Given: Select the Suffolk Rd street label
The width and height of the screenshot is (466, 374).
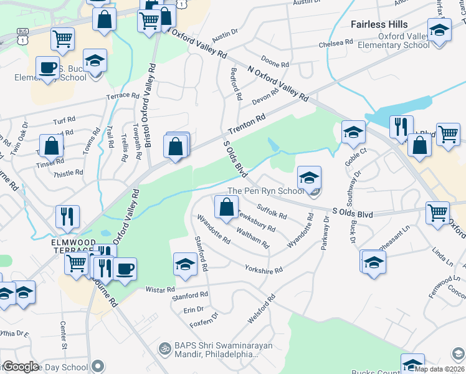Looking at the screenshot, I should (272, 213).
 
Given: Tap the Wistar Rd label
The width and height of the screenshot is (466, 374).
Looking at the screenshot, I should (161, 290).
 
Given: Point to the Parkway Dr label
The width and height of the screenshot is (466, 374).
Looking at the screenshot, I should (325, 233).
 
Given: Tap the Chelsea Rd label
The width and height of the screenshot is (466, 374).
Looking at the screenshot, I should (335, 43).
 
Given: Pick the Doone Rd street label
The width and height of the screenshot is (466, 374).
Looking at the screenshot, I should (275, 64).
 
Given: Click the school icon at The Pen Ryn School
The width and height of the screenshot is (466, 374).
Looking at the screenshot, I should (309, 177).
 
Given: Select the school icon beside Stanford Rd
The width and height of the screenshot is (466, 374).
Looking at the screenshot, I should (185, 264).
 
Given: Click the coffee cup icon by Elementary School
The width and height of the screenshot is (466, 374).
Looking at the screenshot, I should (47, 66).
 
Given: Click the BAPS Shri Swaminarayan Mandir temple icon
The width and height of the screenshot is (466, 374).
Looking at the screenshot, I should (164, 347).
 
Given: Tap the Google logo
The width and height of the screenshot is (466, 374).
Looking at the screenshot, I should (20, 367).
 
